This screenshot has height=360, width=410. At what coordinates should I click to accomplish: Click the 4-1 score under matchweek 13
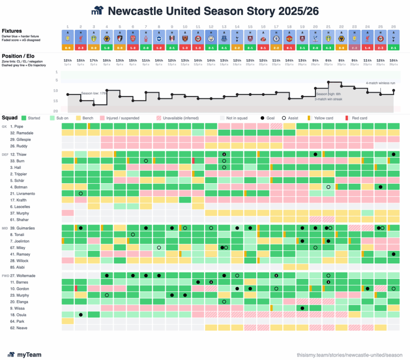point(224,48)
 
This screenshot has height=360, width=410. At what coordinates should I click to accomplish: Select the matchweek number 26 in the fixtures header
point(393,26)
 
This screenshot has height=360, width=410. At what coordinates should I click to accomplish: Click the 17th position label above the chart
point(94,60)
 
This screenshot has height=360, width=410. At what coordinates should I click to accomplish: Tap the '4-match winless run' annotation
point(380,83)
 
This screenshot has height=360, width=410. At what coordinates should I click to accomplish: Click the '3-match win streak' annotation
point(328,99)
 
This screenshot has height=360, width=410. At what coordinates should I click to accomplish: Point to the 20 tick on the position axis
point(56,111)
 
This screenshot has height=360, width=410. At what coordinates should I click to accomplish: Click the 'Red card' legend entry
point(359,118)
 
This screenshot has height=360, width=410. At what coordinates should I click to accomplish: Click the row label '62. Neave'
point(20,328)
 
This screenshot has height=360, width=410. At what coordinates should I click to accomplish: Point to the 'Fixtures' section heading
point(12,31)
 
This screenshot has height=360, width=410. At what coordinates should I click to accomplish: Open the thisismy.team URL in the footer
point(350,355)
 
